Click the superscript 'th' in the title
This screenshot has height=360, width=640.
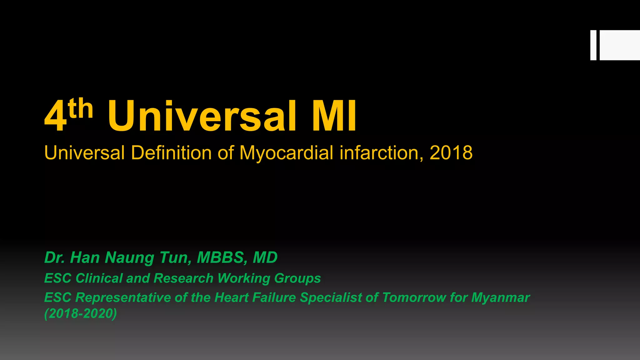pyautogui.click(x=81, y=108)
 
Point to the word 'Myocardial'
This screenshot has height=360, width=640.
pyautogui.click(x=286, y=153)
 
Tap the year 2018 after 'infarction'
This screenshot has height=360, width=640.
pyautogui.click(x=451, y=153)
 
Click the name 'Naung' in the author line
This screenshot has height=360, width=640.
pyautogui.click(x=129, y=258)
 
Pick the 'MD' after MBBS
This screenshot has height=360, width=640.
pyautogui.click(x=265, y=258)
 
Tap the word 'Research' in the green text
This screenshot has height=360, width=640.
pyautogui.click(x=183, y=278)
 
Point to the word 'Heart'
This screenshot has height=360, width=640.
pyautogui.click(x=232, y=297)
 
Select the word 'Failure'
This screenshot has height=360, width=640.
pyautogui.click(x=274, y=297)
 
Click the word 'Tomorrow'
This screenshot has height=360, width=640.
pyautogui.click(x=414, y=297)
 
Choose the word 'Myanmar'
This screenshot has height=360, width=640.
pyautogui.click(x=500, y=298)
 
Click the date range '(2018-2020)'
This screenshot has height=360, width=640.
pyautogui.click(x=81, y=313)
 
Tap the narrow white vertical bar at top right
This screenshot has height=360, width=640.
pyautogui.click(x=593, y=45)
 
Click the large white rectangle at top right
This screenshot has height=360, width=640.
pyautogui.click(x=620, y=45)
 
